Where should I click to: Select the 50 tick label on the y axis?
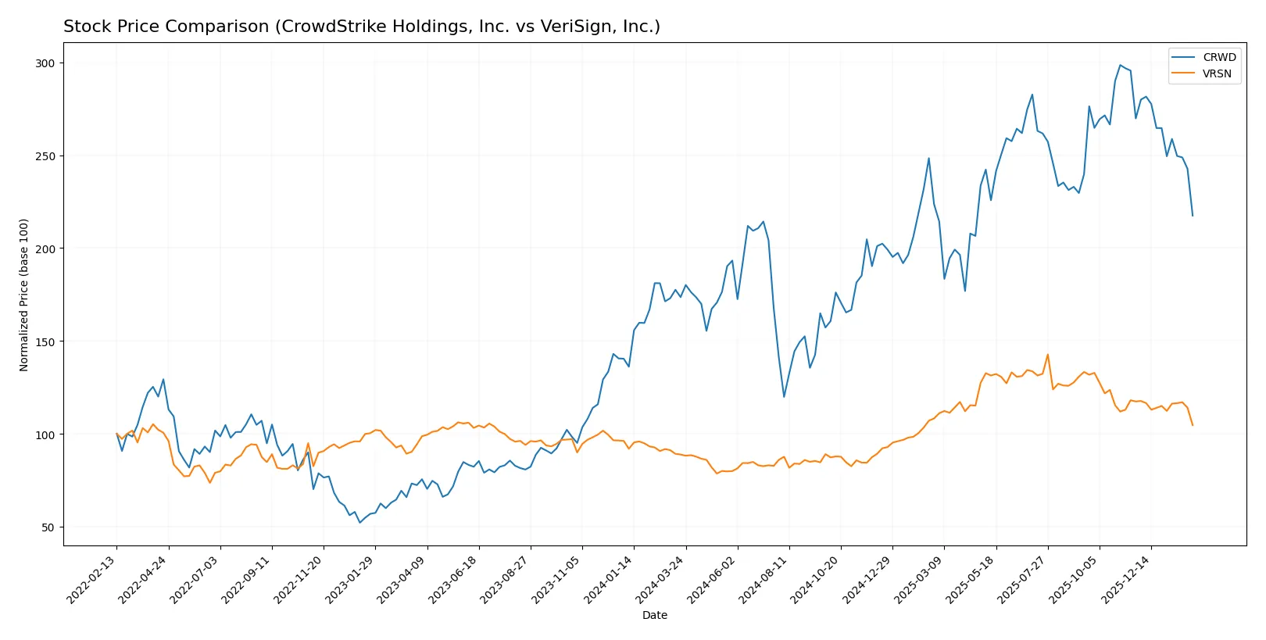coord(48,527)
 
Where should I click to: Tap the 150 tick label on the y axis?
coord(45,342)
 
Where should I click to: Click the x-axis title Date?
coord(654,615)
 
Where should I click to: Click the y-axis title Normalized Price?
coord(24,295)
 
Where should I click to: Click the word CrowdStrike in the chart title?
coord(325,27)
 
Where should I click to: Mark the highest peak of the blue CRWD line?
coord(1120,65)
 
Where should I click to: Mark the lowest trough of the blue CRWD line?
coord(359,522)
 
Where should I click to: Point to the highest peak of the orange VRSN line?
coord(1047,355)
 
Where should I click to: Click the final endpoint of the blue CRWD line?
coord(1193,216)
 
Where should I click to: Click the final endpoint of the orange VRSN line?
coord(1193,425)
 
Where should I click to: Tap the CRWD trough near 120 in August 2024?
coord(784,396)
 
